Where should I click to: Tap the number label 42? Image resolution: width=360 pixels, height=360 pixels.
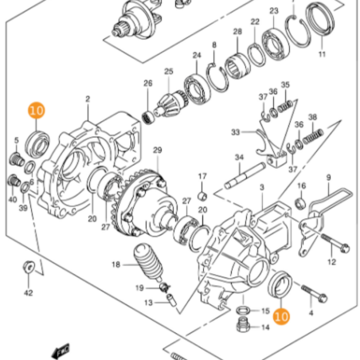[x=29, y=293]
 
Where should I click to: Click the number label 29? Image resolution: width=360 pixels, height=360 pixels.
[x=157, y=151]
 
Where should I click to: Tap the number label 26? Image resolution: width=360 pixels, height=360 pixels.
[x=147, y=83]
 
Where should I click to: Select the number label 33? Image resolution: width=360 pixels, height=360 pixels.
[x=235, y=131]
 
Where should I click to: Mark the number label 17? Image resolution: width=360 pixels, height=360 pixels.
[x=202, y=175]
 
